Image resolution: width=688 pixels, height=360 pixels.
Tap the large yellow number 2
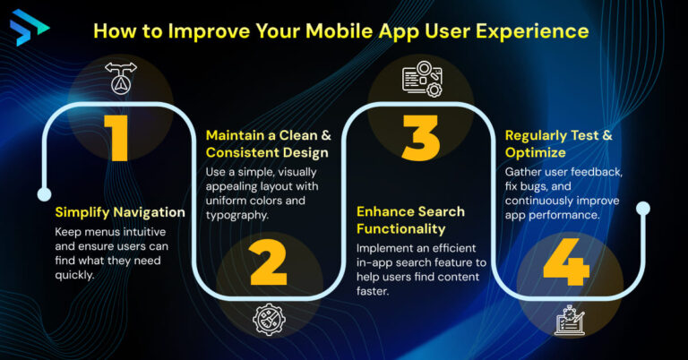pos(268,260)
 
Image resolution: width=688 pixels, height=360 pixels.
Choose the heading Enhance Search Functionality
pos(410,220)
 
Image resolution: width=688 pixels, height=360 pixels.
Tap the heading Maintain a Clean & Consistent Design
pos(268,144)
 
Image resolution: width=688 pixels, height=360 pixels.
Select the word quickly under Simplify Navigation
pos(75,276)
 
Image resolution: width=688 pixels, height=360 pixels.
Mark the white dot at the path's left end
pos(41,193)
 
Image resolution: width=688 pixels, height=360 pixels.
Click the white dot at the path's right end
pos(642,208)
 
